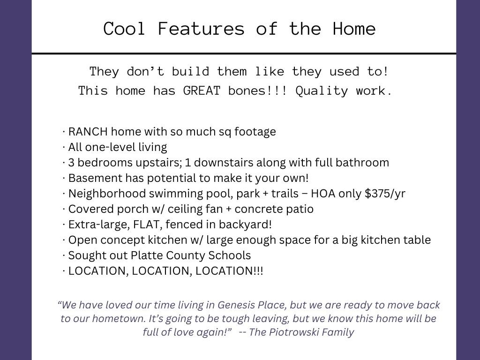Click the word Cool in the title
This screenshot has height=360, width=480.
coord(124,29)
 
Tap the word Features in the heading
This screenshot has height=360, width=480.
coord(201,29)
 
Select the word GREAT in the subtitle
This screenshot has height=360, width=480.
coord(202,91)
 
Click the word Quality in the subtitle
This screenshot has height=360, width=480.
coord(322,91)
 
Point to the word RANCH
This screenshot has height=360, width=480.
coord(88,132)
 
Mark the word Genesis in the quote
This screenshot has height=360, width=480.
coord(236,305)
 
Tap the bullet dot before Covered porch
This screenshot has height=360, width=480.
coord(64,210)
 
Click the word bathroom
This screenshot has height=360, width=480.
coord(362,163)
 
